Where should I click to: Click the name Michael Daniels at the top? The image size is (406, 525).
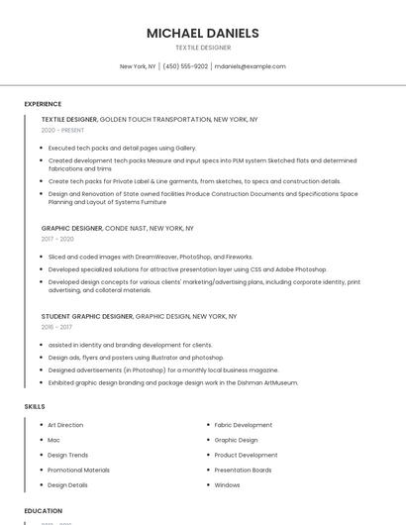[202, 33]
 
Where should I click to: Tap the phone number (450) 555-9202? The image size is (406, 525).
[185, 66]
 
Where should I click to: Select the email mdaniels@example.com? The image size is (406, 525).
[250, 66]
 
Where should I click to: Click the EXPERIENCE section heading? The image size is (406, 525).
[43, 104]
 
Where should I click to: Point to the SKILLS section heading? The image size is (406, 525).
[35, 406]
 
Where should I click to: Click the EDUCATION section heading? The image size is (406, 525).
[44, 511]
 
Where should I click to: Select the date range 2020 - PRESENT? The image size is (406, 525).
[62, 130]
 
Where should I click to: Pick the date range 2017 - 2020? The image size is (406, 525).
[57, 239]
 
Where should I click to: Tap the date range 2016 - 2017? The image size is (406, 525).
[56, 326]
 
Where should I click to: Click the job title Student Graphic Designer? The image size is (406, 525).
[87, 316]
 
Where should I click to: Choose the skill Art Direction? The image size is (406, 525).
[65, 425]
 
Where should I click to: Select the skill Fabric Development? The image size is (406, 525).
[243, 425]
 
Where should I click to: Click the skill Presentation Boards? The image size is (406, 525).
[243, 470]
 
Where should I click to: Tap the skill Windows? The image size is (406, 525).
[227, 485]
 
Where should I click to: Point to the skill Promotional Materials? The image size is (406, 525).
[78, 470]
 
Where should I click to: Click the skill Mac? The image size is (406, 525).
[53, 440]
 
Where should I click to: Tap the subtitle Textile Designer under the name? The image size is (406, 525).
[202, 48]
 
